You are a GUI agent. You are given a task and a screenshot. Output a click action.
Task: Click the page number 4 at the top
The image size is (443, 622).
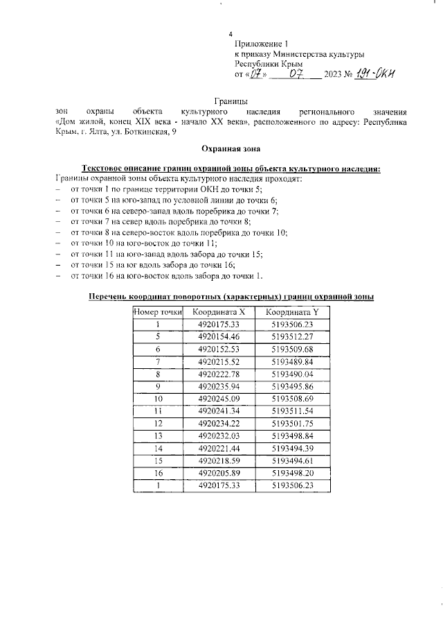pos(230,35)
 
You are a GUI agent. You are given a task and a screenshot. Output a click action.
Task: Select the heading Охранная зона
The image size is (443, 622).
pos(224,148)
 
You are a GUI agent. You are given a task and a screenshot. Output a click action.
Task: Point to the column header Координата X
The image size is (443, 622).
pos(219,312)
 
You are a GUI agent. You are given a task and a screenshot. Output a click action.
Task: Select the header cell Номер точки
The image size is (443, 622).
pos(158,312)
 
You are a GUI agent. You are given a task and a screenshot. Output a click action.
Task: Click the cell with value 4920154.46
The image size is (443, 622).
pos(219,336)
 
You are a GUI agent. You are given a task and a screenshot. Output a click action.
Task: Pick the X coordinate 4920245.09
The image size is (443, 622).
pos(219,399)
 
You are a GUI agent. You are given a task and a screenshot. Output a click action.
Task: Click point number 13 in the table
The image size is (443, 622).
pos(158,436)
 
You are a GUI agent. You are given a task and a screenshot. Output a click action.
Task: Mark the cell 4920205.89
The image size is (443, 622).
pos(219,474)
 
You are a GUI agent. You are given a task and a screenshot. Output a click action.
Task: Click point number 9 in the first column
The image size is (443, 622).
pos(158,386)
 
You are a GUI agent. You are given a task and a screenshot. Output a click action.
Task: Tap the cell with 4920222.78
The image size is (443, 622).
pos(219,374)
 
